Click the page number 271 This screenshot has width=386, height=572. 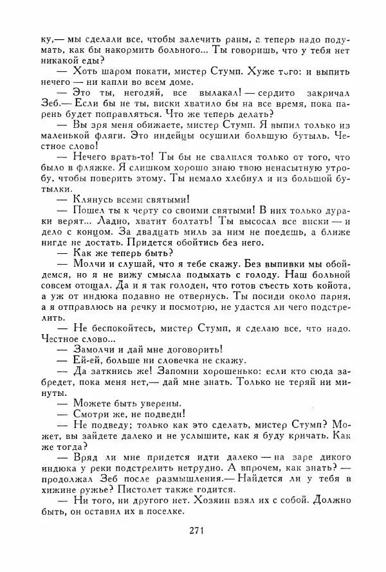click(x=197, y=548)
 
